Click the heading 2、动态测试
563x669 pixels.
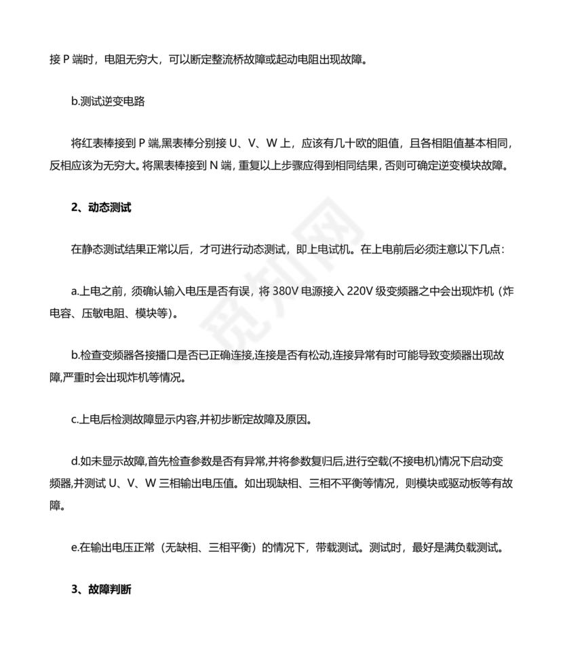point(101,208)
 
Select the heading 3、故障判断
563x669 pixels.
point(101,590)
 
